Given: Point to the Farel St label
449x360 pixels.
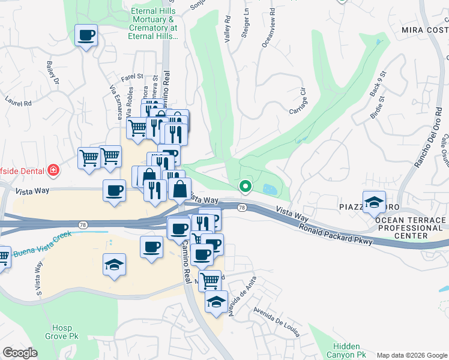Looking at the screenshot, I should point(132,77).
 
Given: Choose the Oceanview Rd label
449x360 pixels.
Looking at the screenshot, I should point(271,28).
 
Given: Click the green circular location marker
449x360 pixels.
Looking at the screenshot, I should point(245,187).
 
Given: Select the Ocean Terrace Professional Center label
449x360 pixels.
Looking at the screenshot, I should point(411,228).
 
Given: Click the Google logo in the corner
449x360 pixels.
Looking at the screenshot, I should point(20,353).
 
